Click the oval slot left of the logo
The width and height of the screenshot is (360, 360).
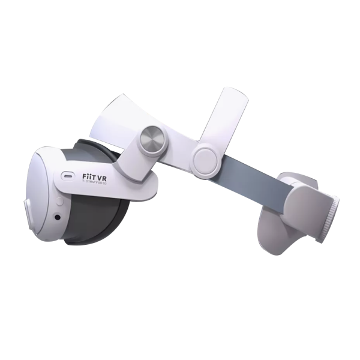(66, 178)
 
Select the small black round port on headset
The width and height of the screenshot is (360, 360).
(58, 217)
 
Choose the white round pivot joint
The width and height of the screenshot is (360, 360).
(204, 158)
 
